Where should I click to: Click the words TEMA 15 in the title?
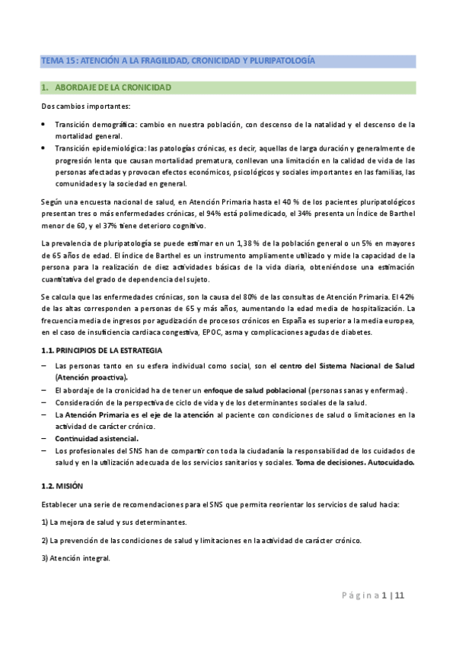point(55,60)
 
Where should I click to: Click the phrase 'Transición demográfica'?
point(91,124)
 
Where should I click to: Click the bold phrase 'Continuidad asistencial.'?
point(96,439)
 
